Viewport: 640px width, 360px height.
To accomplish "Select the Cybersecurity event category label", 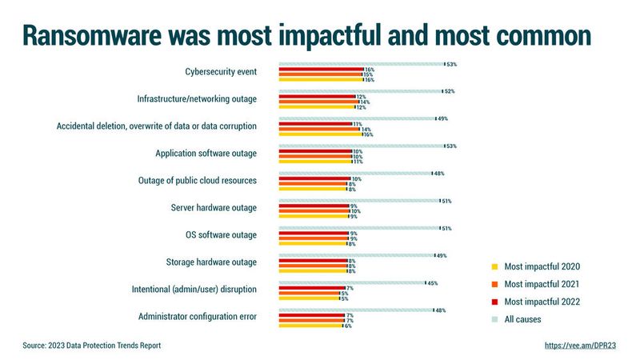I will pos(220,72).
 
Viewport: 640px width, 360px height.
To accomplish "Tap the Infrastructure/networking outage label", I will pos(197,99).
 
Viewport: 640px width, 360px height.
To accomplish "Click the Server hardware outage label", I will pos(214,208).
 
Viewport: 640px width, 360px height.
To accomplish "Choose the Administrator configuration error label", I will pos(198,317).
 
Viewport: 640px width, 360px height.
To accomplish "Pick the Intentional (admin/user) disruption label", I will pos(194,290).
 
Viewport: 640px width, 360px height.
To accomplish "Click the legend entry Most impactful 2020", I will pos(542,266).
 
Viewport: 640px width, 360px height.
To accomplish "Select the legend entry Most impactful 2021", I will pos(542,284).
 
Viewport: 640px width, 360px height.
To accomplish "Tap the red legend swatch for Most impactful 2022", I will pos(494,302).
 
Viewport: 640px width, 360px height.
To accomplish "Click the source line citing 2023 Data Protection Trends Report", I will pos(92,346).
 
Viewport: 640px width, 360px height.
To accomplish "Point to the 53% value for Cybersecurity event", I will pos(452,64).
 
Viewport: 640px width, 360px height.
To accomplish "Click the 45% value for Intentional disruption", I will pos(433,282).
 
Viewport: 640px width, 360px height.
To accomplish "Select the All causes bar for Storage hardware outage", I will pos(356,255).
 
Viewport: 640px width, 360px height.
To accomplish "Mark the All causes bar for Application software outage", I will pos(361,146).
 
